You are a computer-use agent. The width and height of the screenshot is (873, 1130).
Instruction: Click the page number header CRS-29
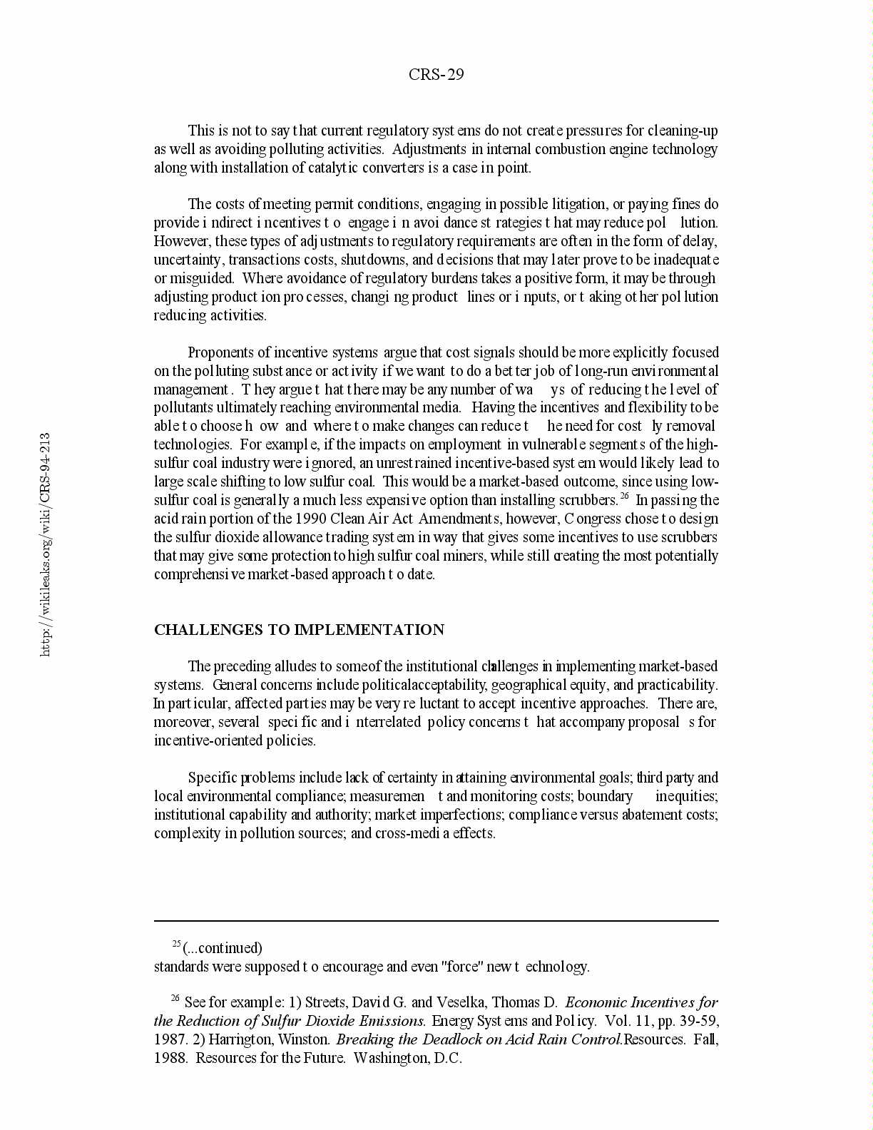click(x=436, y=75)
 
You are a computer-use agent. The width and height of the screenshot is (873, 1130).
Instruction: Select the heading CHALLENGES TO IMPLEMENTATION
click(x=299, y=630)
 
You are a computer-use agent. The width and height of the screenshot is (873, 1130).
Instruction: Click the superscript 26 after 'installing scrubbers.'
click(x=623, y=497)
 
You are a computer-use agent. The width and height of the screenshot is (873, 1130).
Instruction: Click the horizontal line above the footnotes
click(x=436, y=921)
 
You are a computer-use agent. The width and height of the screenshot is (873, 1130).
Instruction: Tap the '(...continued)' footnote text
click(x=223, y=948)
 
